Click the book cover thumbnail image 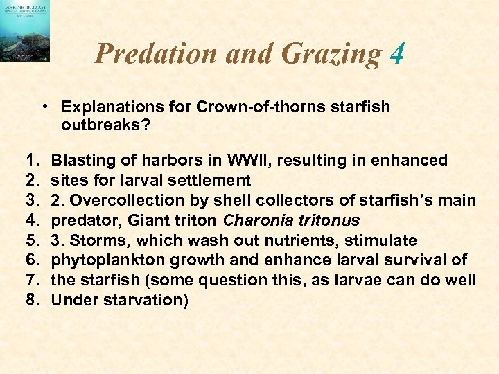(x=25, y=31)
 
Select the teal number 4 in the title (x=396, y=53)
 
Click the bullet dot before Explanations (x=44, y=107)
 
